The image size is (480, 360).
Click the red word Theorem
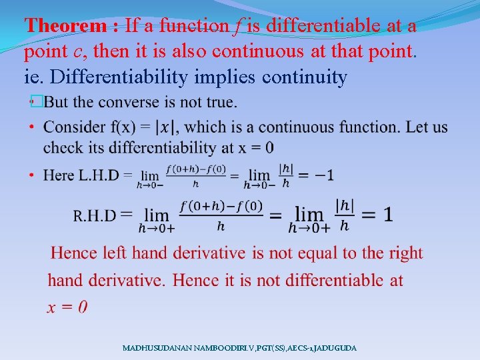(65, 26)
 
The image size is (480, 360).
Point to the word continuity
(305, 77)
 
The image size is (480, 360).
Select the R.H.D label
(95, 215)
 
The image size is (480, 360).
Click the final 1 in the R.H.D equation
(387, 215)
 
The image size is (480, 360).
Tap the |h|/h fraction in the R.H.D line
(345, 215)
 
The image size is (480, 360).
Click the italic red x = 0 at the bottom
(67, 307)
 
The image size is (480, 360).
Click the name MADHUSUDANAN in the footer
(155, 348)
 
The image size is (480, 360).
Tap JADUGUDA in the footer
(336, 348)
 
